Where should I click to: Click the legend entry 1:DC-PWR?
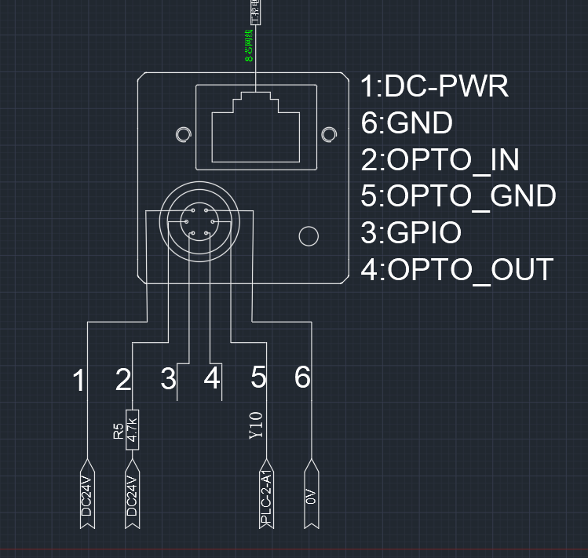(x=434, y=86)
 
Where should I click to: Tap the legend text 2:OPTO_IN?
(x=440, y=160)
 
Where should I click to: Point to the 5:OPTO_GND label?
(x=458, y=196)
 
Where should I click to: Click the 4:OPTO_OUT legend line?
(x=457, y=270)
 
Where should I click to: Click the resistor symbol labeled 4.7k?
(x=133, y=429)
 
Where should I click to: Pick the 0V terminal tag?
(x=312, y=496)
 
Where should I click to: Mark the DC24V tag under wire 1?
(x=88, y=497)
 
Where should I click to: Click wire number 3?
(x=168, y=380)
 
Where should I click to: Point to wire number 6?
(x=302, y=378)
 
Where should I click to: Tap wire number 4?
(x=211, y=380)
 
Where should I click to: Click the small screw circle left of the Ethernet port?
(x=182, y=135)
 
